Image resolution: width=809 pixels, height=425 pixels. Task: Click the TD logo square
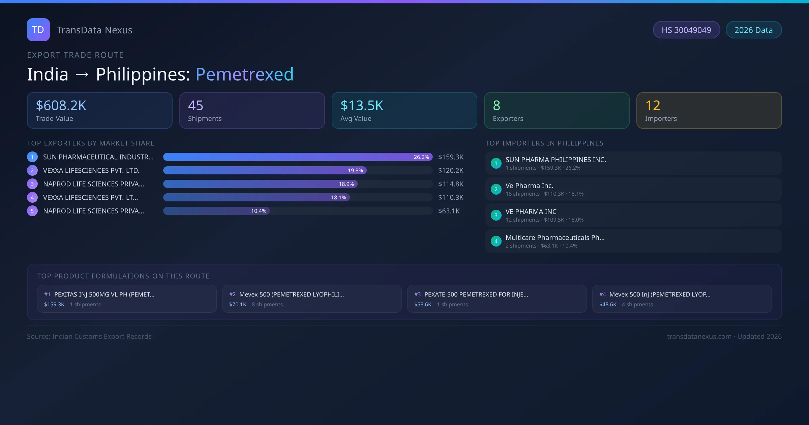click(x=38, y=30)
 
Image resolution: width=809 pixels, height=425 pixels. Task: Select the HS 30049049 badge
click(x=686, y=30)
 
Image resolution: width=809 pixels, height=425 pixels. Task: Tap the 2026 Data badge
click(x=753, y=30)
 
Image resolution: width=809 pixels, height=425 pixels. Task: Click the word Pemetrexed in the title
click(x=244, y=74)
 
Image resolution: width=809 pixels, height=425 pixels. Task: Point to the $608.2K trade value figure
click(x=61, y=106)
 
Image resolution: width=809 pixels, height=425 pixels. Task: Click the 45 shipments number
click(x=196, y=106)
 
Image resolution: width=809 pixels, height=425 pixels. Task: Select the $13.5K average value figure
click(x=362, y=106)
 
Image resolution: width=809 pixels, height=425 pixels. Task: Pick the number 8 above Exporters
click(x=497, y=106)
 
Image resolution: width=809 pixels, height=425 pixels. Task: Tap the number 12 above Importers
click(x=653, y=106)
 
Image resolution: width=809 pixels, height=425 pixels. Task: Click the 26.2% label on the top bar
click(x=421, y=157)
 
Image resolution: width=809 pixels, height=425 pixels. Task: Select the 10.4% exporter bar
click(x=216, y=211)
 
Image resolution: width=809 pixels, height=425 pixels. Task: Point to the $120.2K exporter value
click(x=451, y=171)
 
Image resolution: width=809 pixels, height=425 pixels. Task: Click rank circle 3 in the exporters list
click(x=32, y=184)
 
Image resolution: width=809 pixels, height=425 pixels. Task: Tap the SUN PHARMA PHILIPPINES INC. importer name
click(x=556, y=160)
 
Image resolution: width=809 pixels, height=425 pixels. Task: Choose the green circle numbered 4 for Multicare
click(x=496, y=242)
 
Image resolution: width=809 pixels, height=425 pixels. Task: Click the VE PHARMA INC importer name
click(x=531, y=212)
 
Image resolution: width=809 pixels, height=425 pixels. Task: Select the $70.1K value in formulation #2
click(x=238, y=305)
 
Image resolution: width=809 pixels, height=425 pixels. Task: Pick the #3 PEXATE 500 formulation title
click(x=476, y=294)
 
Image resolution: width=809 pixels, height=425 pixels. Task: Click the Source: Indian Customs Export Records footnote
click(x=89, y=337)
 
